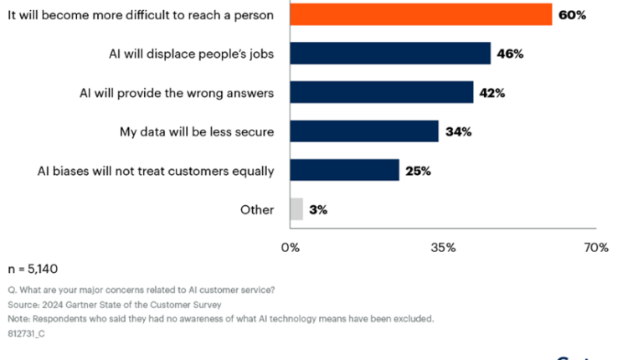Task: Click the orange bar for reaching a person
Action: tap(421, 14)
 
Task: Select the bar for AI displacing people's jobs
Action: tap(390, 54)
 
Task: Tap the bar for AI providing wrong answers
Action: tap(382, 92)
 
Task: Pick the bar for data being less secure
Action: tap(364, 131)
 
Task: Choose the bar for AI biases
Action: tap(345, 170)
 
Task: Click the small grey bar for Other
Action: tap(296, 208)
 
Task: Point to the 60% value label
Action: tap(574, 14)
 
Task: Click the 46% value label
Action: tap(510, 54)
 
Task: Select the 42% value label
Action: tap(492, 92)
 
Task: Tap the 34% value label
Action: tap(457, 131)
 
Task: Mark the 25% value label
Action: tap(417, 171)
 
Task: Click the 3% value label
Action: tap(318, 209)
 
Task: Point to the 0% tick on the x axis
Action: tap(291, 248)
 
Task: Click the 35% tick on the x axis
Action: tap(443, 248)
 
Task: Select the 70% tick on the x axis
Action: tap(595, 248)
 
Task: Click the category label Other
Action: tap(257, 209)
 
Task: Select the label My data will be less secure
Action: tap(197, 131)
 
